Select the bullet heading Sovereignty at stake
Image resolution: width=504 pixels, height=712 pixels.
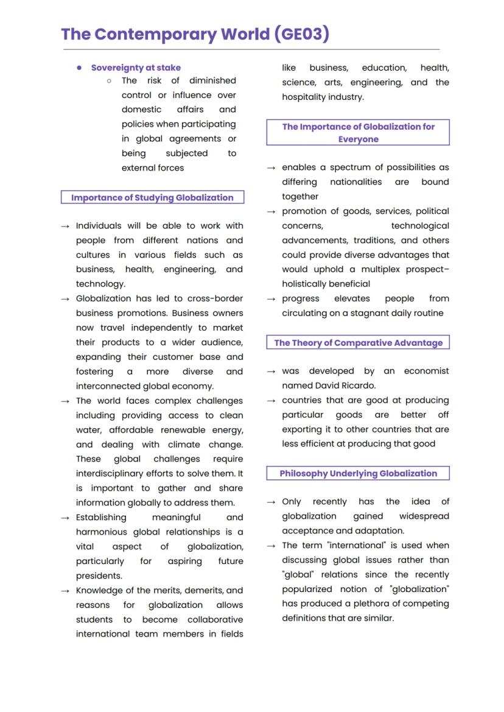click(x=136, y=68)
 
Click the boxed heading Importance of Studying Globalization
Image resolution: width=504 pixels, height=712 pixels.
click(x=152, y=197)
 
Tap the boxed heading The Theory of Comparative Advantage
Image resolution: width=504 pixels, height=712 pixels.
click(x=358, y=342)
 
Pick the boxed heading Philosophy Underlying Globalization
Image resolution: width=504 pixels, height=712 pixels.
click(x=358, y=473)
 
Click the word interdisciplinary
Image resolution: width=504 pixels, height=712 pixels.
click(x=116, y=473)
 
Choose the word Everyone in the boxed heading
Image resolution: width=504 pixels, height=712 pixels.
click(x=358, y=139)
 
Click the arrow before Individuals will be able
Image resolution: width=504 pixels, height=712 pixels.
click(x=66, y=226)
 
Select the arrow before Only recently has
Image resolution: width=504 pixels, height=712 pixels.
click(x=271, y=502)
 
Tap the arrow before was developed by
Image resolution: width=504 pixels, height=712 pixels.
click(x=271, y=372)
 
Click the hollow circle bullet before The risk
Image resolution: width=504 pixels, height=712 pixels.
click(x=109, y=80)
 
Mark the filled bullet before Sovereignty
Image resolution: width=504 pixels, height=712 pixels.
click(x=79, y=68)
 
